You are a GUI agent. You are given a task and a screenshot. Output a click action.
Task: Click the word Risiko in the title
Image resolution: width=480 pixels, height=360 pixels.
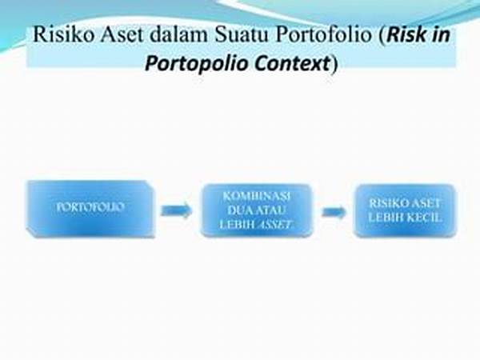[63, 34]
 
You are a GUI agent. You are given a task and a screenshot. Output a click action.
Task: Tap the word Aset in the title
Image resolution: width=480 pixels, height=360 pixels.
[122, 34]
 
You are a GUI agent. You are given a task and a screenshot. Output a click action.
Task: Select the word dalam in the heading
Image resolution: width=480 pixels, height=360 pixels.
[178, 34]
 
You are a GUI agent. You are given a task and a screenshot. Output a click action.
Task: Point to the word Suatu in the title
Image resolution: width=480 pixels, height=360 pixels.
[242, 34]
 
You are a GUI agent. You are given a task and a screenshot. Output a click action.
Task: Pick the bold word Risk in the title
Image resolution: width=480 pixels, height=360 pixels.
[405, 35]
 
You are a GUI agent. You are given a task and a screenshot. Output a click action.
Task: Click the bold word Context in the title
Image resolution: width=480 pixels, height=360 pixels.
[292, 63]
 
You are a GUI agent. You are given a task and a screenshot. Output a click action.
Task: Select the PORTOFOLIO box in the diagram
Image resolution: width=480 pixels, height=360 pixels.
[90, 210]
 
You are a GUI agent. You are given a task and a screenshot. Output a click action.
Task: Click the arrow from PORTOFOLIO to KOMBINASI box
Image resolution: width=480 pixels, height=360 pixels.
[176, 210]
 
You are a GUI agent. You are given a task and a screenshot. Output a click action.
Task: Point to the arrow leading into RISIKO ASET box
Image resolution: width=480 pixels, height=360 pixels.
[334, 211]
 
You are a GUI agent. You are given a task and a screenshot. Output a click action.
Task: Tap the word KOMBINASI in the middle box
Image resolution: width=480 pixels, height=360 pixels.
[257, 196]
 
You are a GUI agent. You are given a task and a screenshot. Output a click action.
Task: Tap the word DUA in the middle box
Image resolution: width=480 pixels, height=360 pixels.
[241, 210]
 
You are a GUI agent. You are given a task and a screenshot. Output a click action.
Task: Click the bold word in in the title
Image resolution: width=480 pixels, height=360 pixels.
[439, 35]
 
